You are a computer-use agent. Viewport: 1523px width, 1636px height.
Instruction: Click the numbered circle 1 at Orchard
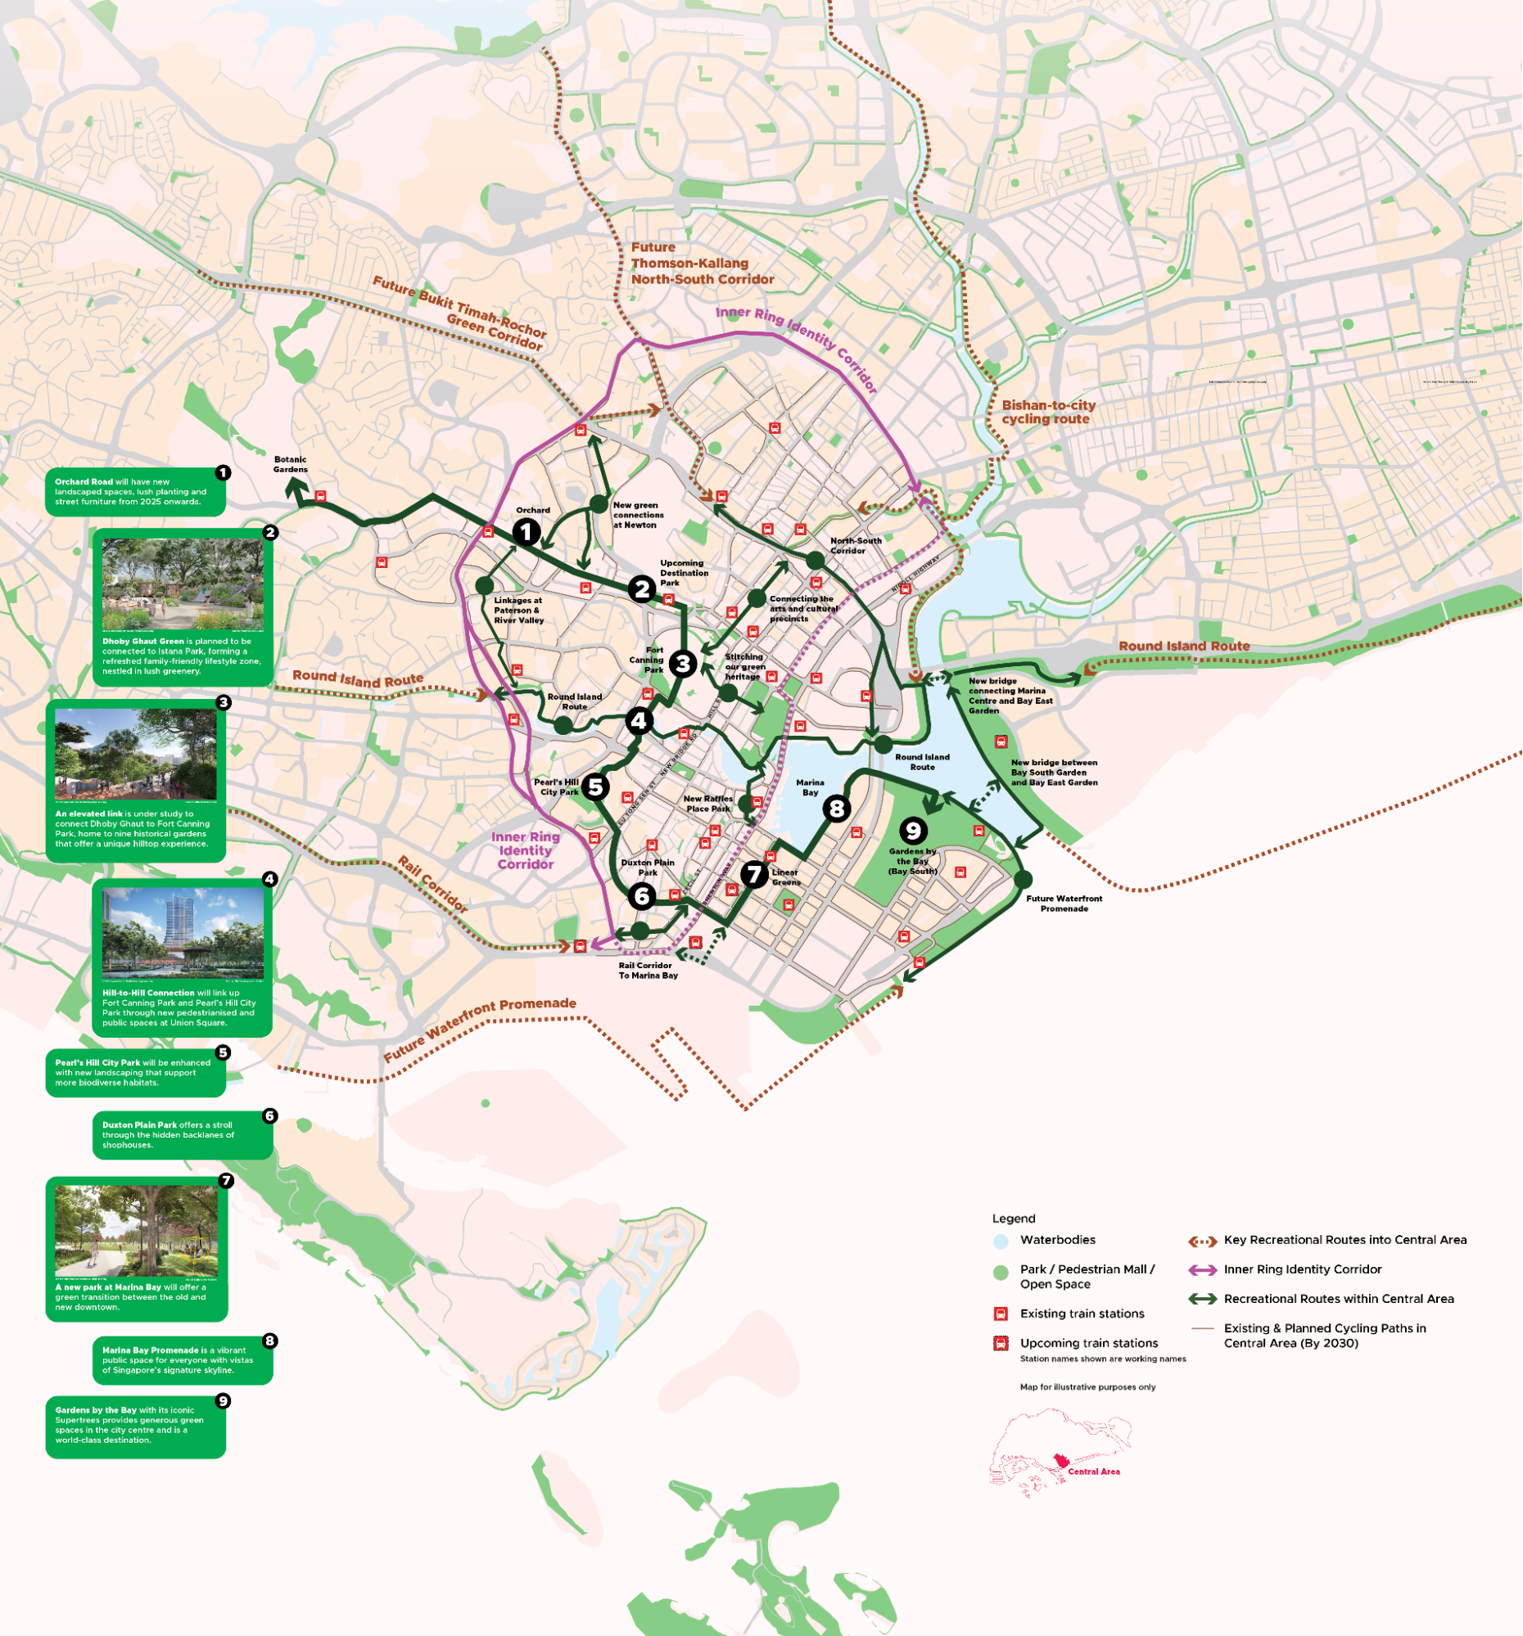[526, 532]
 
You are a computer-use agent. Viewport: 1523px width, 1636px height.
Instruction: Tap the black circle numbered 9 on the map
[912, 831]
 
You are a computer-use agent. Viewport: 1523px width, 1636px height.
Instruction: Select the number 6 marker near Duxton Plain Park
[642, 896]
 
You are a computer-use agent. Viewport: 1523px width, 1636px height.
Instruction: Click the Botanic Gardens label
[290, 464]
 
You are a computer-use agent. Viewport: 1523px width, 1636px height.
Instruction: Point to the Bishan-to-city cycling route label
[1048, 412]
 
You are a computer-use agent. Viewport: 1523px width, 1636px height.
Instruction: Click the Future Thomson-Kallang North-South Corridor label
[702, 264]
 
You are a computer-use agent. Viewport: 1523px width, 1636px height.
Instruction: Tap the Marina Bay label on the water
[810, 787]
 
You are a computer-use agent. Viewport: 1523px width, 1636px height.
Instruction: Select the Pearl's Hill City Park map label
[557, 786]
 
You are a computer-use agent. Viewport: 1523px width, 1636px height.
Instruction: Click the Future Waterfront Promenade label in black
[1064, 904]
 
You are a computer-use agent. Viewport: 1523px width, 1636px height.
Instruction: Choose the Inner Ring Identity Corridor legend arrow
[1202, 1270]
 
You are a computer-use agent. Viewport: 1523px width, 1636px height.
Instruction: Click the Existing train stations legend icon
[1001, 1314]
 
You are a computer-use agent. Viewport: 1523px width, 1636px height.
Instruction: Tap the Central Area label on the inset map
[1093, 1471]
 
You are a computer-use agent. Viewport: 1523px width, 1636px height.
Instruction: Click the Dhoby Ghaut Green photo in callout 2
[183, 585]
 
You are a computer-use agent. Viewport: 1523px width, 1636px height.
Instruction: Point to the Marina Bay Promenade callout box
[182, 1359]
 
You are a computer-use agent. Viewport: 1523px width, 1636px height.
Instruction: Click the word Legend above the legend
[1014, 1218]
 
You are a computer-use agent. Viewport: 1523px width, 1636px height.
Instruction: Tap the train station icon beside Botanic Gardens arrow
[320, 496]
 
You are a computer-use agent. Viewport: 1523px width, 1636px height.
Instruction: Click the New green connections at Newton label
[637, 515]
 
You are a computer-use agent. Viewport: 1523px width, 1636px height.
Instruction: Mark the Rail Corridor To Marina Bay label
[648, 971]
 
